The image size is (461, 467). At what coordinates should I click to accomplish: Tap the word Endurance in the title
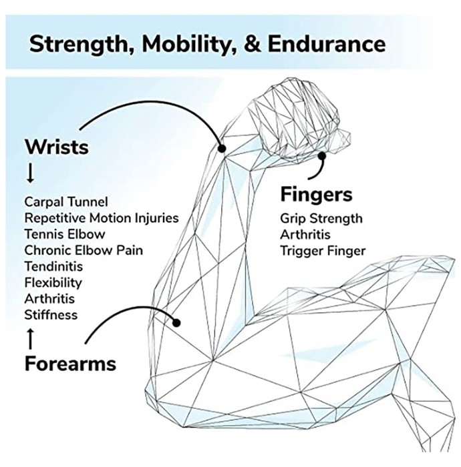[x=327, y=44]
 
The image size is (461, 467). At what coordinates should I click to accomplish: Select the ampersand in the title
[x=253, y=44]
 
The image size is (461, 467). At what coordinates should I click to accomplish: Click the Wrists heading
[x=57, y=147]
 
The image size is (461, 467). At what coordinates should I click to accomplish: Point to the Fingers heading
[x=317, y=195]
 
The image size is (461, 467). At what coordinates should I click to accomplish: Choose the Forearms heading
[x=70, y=364]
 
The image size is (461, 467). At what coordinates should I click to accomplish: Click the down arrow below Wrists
[x=30, y=174]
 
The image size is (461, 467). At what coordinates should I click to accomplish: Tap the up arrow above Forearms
[x=30, y=339]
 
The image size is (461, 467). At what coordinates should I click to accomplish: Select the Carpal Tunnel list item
[x=66, y=202]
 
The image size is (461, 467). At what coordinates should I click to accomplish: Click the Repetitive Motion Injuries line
[x=102, y=218]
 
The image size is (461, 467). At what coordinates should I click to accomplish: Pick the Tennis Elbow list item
[x=65, y=234]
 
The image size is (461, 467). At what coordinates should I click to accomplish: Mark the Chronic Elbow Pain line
[x=84, y=250]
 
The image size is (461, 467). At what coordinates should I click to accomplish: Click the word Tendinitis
[x=53, y=266]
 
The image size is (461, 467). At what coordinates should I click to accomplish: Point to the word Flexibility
[x=53, y=283]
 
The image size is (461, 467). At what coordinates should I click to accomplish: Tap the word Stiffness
[x=51, y=315]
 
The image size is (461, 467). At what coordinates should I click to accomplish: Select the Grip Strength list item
[x=321, y=219]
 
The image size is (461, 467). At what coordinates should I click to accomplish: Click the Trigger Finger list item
[x=323, y=252]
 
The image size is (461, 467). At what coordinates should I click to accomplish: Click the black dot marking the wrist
[x=222, y=148]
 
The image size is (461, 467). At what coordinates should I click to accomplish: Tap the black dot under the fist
[x=322, y=155]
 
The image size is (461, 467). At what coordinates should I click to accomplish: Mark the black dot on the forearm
[x=176, y=322]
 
